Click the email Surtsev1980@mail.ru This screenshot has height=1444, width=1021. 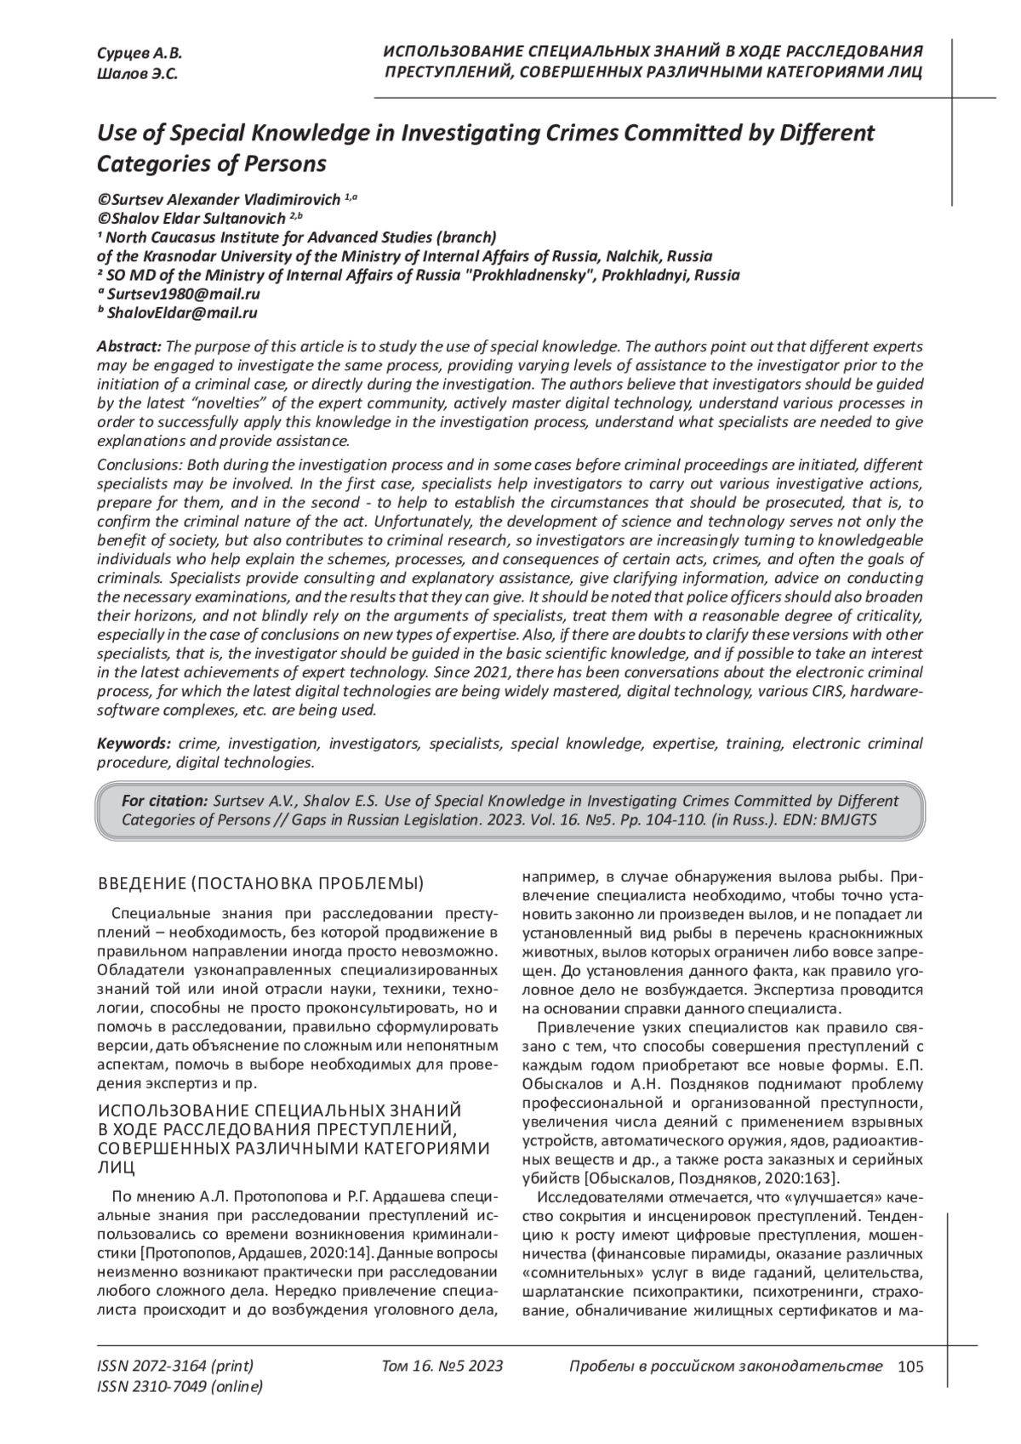[x=184, y=294]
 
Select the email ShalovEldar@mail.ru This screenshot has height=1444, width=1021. [x=182, y=313]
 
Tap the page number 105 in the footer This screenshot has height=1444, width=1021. [x=910, y=1367]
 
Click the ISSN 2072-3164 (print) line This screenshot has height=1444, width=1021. [x=175, y=1367]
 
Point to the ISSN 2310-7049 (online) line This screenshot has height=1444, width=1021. [x=180, y=1387]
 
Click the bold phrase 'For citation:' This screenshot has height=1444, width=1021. [x=165, y=801]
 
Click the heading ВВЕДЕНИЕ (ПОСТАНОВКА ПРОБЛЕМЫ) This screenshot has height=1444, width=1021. [x=261, y=882]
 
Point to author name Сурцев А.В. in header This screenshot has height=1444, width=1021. [x=134, y=54]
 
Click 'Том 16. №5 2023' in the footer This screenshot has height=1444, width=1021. [x=442, y=1367]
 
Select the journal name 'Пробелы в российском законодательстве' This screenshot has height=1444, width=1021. [x=725, y=1367]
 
